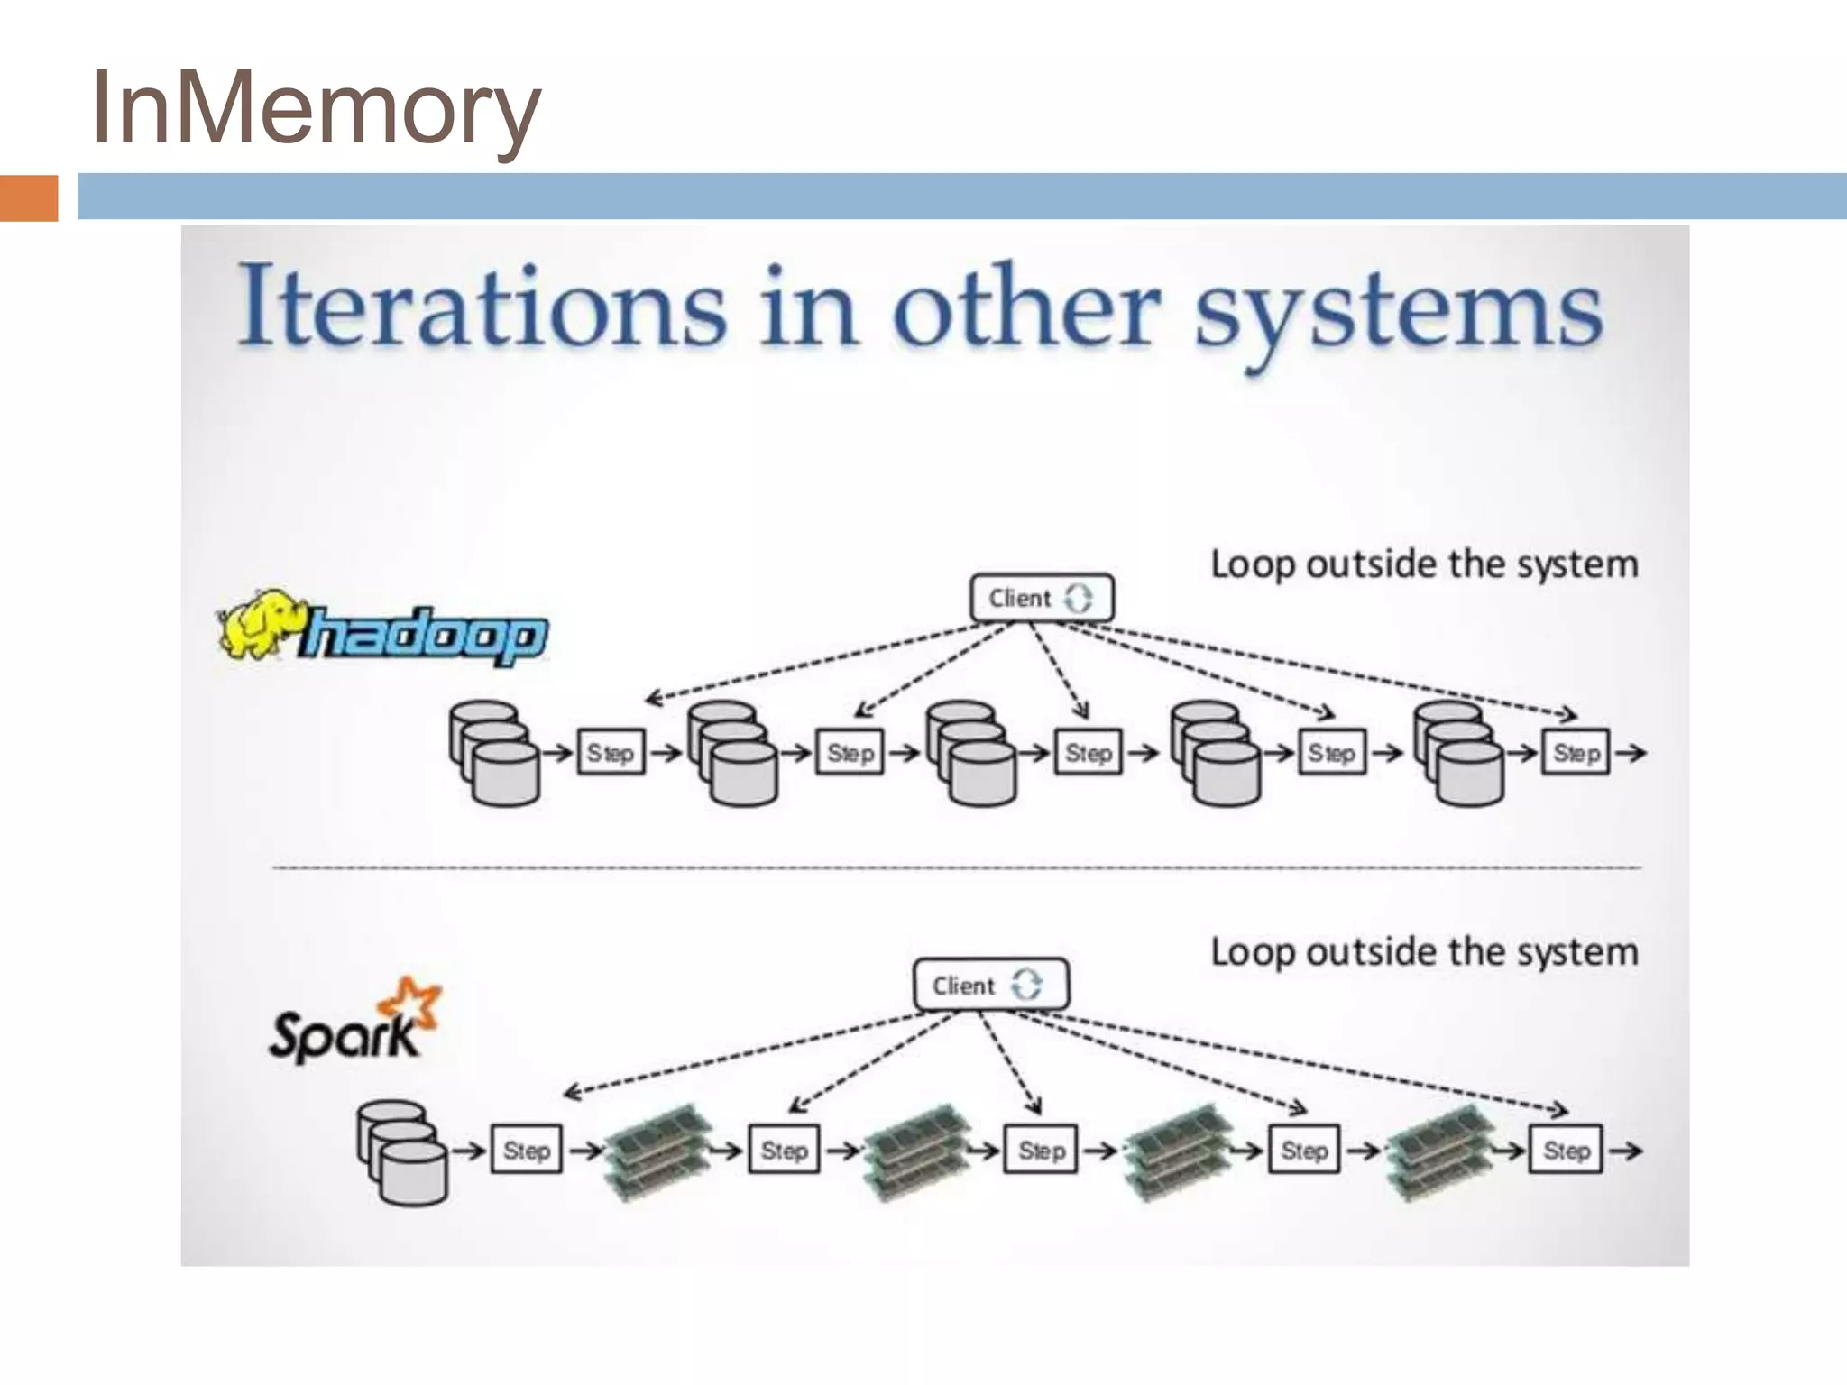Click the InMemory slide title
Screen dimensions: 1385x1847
316,108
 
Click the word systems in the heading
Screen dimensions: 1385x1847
1398,311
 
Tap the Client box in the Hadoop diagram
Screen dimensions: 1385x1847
1042,598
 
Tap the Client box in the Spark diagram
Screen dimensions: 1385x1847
990,985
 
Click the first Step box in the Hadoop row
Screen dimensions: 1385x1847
611,752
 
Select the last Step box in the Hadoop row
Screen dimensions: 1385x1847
1576,752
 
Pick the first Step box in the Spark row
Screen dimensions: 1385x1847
526,1149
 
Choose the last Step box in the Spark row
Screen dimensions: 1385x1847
1566,1149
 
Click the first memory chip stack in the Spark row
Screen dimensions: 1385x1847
657,1152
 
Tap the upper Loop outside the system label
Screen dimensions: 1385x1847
1423,564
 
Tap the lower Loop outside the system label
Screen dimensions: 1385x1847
1423,952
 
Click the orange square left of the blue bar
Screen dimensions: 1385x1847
28,197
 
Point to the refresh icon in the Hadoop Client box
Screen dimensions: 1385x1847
1079,598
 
